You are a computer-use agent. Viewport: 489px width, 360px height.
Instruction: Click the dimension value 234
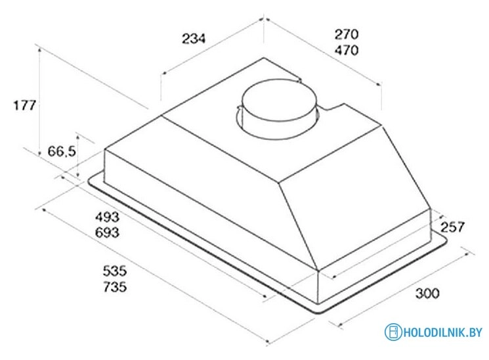point(194,38)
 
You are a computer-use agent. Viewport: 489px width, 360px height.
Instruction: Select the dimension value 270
point(347,34)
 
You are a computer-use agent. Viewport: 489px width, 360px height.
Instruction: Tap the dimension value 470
point(347,50)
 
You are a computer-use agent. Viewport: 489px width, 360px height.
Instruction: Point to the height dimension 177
point(25,105)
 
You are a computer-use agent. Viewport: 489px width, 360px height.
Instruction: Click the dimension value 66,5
point(62,152)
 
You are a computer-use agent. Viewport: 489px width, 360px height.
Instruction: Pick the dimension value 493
point(107,216)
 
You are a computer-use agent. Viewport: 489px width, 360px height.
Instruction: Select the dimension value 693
point(107,233)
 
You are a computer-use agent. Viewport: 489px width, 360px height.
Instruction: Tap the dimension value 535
point(115,271)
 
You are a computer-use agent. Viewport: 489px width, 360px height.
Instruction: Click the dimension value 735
point(115,286)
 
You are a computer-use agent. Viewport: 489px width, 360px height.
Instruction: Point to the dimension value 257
point(452,227)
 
